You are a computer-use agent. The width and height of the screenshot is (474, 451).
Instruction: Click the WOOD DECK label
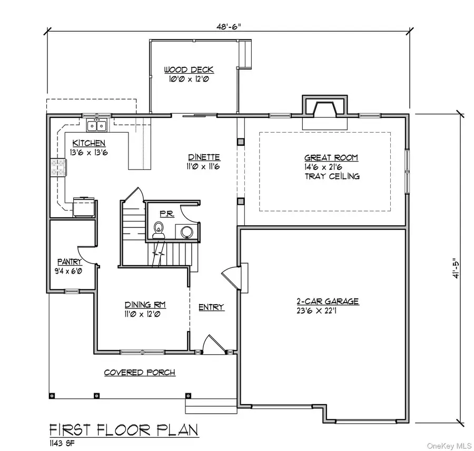click(x=189, y=70)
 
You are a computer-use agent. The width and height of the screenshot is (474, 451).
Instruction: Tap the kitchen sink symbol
click(x=96, y=125)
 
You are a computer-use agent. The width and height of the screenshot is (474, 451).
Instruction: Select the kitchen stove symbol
click(x=58, y=167)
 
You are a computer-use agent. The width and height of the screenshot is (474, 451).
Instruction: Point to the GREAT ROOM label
click(x=331, y=157)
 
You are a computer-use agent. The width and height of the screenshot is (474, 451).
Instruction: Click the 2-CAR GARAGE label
click(x=327, y=302)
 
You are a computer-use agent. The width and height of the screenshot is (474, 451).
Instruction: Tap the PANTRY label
click(x=70, y=262)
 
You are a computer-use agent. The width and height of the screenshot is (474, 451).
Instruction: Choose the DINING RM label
click(x=142, y=305)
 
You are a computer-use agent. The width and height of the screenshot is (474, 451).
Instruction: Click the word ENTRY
click(x=211, y=307)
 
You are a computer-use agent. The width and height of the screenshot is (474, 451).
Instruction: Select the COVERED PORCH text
click(x=140, y=373)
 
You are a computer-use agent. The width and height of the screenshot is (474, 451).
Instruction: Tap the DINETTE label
click(x=204, y=157)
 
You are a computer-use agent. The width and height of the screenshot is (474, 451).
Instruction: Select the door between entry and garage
click(x=230, y=277)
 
